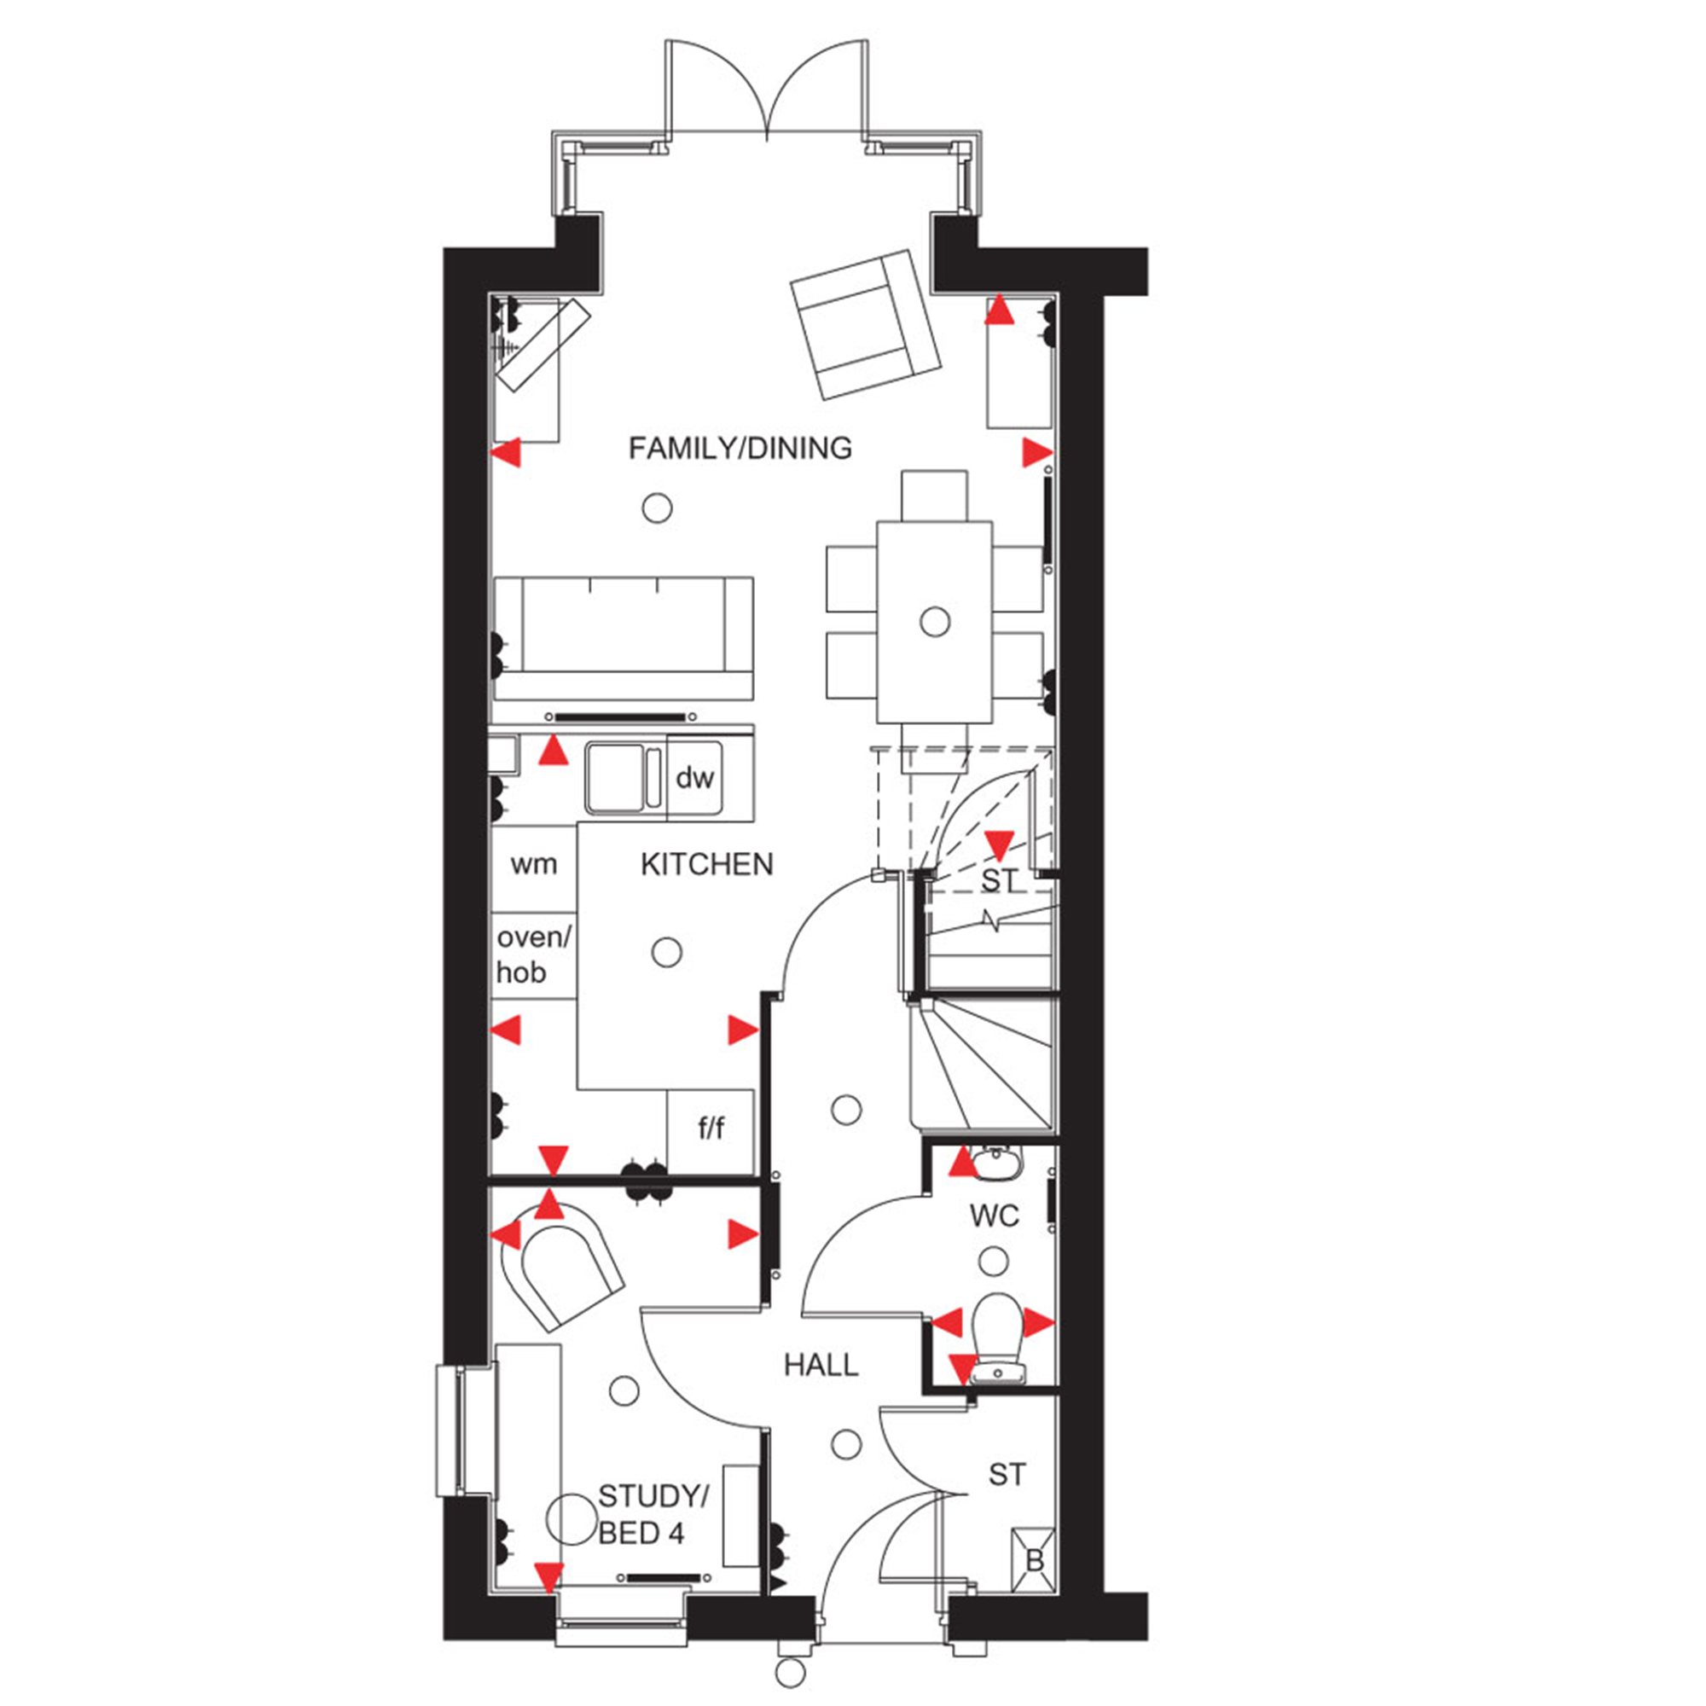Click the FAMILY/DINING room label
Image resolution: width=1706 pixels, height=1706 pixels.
740,449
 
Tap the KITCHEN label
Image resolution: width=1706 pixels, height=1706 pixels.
706,864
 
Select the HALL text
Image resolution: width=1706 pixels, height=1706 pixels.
821,1365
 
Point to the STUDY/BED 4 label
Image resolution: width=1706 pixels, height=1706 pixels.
653,1515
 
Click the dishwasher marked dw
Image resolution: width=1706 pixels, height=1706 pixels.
695,778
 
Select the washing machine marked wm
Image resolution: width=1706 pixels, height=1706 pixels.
534,864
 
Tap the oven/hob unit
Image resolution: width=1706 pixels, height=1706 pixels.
534,956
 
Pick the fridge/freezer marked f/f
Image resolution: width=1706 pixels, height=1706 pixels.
711,1130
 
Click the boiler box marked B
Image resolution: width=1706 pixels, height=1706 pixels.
1033,1562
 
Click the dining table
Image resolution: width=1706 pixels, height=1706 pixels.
934,622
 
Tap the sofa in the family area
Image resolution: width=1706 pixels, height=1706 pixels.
624,638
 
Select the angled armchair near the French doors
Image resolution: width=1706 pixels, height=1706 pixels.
865,324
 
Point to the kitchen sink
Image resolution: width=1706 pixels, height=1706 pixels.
624,778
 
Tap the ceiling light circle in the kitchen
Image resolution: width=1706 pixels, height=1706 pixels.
667,953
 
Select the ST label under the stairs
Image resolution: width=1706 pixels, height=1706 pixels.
1000,880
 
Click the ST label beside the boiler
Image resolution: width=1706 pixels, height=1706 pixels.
1007,1475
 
